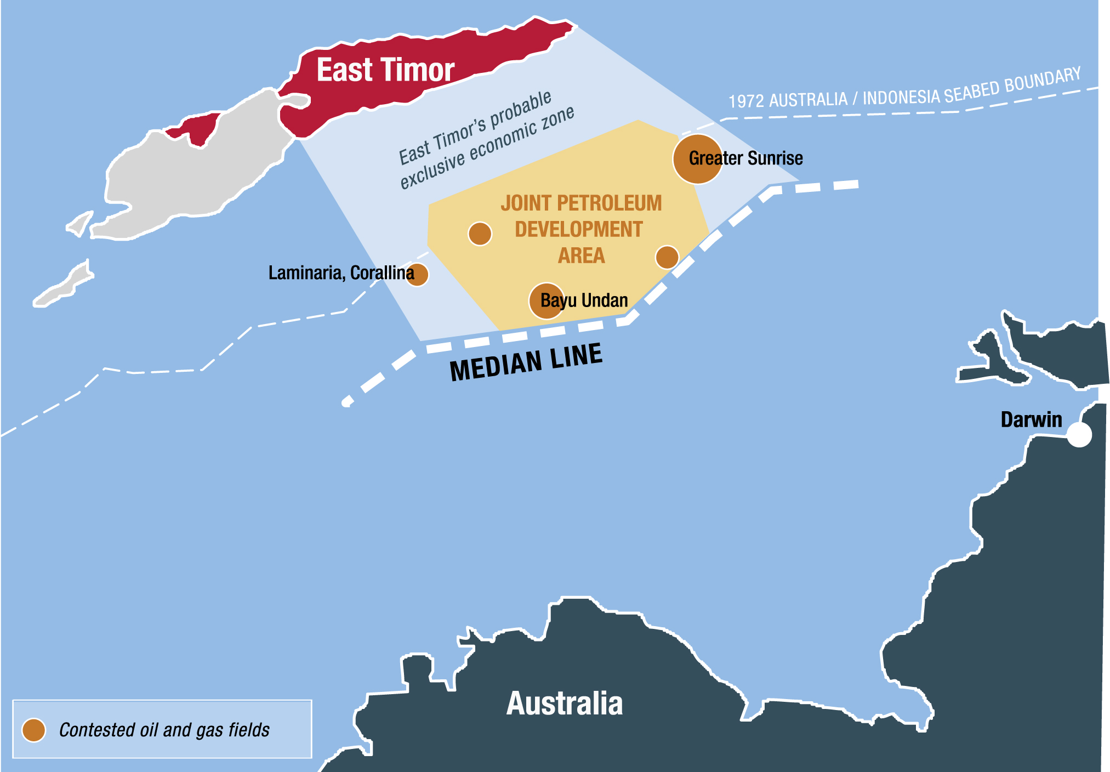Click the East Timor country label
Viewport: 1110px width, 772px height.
coord(385,70)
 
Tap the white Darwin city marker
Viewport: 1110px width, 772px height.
coord(1079,435)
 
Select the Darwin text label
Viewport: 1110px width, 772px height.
coord(1031,419)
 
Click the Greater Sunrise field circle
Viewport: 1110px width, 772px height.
coord(697,159)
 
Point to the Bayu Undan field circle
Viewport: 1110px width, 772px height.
coord(546,300)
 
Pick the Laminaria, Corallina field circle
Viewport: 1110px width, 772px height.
coord(417,274)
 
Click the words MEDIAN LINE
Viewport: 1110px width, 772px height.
coord(526,362)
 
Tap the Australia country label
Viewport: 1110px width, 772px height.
coord(565,703)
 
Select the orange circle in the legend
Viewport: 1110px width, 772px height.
coord(33,730)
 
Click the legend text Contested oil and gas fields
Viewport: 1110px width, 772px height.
coord(164,730)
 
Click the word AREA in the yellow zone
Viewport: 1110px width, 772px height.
coord(581,256)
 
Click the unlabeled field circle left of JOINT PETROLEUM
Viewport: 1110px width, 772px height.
coord(480,234)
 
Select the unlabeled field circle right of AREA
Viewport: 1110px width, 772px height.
coord(667,257)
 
